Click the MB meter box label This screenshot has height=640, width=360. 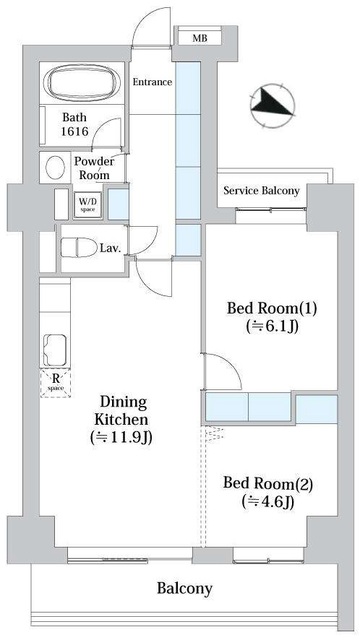pos(200,39)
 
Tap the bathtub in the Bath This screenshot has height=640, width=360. pos(82,83)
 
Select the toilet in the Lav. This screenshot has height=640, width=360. pos(79,248)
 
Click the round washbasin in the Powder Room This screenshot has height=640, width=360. pos(55,168)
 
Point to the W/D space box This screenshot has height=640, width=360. pos(87,203)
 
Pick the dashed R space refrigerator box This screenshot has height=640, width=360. pos(56,382)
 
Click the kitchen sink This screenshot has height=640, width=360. pos(55,350)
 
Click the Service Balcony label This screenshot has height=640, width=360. pos(262,191)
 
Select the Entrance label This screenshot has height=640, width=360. pos(152,82)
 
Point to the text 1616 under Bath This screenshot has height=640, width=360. pos(75,131)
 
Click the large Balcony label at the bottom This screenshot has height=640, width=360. pos(185,589)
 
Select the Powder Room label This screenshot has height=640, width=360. pos(94,168)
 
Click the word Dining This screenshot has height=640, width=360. pos(123,403)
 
